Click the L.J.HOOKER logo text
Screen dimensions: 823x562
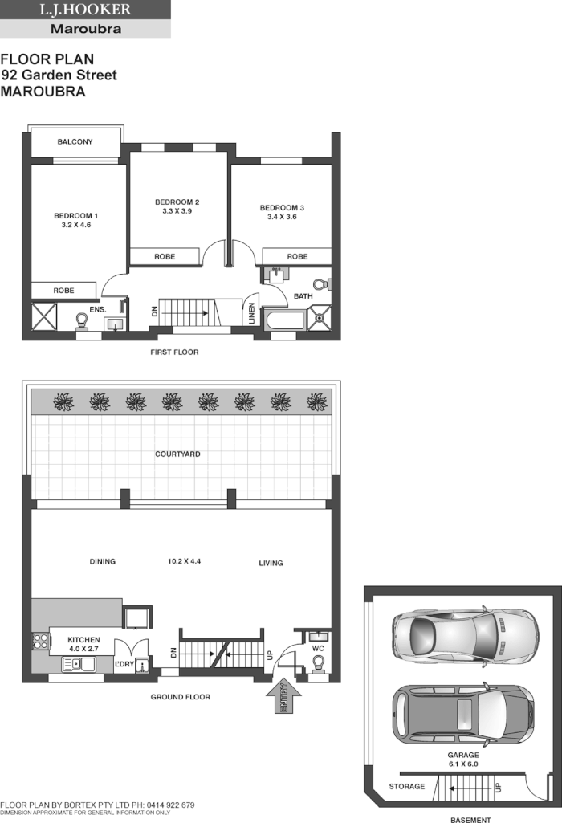point(85,10)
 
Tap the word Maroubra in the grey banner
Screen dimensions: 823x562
point(85,29)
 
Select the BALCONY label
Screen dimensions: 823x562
point(75,142)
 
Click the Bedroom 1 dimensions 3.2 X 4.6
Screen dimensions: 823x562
point(75,226)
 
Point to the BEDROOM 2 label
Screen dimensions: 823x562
point(177,202)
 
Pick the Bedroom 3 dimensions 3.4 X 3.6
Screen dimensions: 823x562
point(281,217)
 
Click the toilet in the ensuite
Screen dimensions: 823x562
point(81,320)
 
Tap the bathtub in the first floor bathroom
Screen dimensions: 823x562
point(285,320)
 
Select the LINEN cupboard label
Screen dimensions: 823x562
point(252,314)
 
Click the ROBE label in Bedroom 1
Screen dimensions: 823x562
point(64,290)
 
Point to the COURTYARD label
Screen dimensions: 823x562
point(177,454)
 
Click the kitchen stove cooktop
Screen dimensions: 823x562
point(39,641)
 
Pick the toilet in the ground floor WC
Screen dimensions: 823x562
point(318,663)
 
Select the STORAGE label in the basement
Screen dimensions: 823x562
point(406,786)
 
